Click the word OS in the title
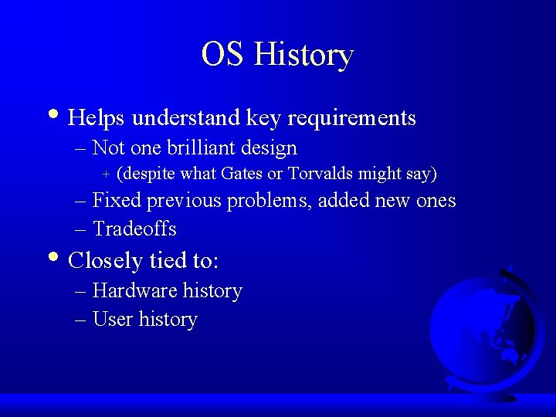[223, 55]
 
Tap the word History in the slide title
[303, 55]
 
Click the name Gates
[242, 173]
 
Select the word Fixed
[117, 201]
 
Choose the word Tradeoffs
[134, 229]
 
